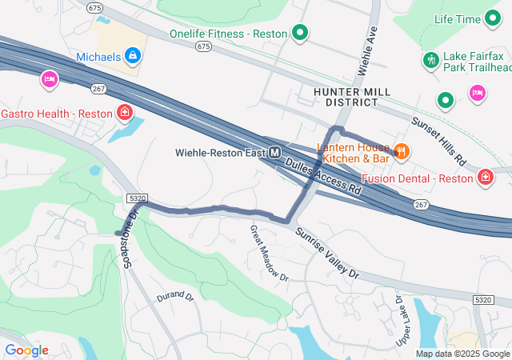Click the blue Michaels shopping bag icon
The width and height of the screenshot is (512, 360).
pyautogui.click(x=133, y=56)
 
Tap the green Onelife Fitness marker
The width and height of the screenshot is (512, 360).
pyautogui.click(x=300, y=34)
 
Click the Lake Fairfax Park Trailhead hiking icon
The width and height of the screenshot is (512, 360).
pyautogui.click(x=431, y=61)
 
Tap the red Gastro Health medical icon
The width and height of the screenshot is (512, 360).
pyautogui.click(x=124, y=112)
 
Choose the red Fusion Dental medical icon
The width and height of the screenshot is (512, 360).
pyautogui.click(x=486, y=177)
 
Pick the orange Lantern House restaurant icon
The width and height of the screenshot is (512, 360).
pyautogui.click(x=402, y=149)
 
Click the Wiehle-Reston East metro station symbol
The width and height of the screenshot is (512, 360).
pyautogui.click(x=275, y=152)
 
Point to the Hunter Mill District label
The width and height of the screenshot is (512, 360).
pyautogui.click(x=352, y=97)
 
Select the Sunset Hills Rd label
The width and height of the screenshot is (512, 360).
pyautogui.click(x=438, y=141)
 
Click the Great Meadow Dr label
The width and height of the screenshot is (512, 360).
pyautogui.click(x=268, y=253)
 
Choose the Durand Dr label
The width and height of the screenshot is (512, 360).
pyautogui.click(x=175, y=297)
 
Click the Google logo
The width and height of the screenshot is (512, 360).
pyautogui.click(x=26, y=350)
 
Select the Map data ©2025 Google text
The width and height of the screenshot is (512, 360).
pyautogui.click(x=462, y=354)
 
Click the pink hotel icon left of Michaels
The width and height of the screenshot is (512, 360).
pyautogui.click(x=48, y=79)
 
